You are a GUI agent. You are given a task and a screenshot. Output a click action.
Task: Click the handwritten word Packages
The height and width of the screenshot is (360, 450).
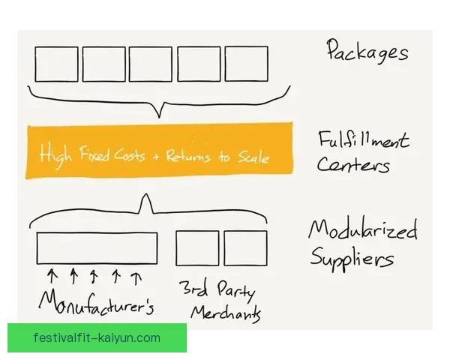tap(367, 52)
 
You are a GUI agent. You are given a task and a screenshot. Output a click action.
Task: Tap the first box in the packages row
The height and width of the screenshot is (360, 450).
tap(56, 64)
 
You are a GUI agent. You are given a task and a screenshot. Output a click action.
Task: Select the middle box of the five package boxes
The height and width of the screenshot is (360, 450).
tap(150, 64)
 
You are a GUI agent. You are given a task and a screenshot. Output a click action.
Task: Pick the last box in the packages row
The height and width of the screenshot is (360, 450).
tap(246, 64)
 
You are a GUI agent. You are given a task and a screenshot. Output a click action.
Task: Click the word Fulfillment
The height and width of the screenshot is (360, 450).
tap(363, 140)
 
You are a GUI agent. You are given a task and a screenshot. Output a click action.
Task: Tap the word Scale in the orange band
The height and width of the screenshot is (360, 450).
tap(251, 156)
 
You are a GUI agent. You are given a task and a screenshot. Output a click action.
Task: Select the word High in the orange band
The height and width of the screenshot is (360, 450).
tap(55, 156)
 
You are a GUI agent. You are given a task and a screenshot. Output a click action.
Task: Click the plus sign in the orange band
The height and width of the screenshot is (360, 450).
tap(155, 157)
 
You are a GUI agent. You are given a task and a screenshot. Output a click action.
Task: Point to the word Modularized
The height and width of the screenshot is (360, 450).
tap(363, 230)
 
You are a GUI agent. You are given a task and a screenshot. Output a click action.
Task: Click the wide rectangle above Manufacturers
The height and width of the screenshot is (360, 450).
tap(97, 247)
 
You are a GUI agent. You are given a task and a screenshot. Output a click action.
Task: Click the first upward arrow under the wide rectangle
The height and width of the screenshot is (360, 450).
tap(52, 277)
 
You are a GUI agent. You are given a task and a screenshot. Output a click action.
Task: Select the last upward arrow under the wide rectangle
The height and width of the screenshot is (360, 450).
tap(136, 277)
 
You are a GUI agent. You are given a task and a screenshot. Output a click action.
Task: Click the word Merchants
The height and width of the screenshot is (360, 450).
tap(226, 313)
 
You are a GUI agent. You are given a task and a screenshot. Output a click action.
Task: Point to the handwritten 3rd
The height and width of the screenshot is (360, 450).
tap(193, 289)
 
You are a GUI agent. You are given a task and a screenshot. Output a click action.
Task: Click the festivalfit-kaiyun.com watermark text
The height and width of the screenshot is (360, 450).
tap(97, 337)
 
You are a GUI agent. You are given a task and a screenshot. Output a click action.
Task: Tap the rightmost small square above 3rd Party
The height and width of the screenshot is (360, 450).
tap(245, 248)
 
